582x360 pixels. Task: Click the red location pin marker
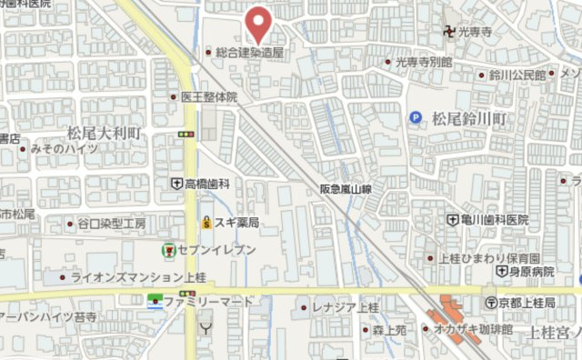[260, 23]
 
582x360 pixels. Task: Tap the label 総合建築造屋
[250, 53]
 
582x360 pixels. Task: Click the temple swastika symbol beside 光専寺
[450, 32]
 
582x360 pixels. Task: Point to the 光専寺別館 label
[424, 63]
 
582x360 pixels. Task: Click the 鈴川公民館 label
[517, 74]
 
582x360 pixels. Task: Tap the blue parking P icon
[416, 116]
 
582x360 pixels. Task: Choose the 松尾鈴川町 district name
[469, 119]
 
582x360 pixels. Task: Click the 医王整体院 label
[208, 96]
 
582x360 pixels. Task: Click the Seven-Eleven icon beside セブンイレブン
[168, 249]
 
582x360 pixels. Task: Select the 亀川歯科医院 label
[496, 220]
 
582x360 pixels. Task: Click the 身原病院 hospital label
[532, 272]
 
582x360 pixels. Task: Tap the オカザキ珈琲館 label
[474, 328]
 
